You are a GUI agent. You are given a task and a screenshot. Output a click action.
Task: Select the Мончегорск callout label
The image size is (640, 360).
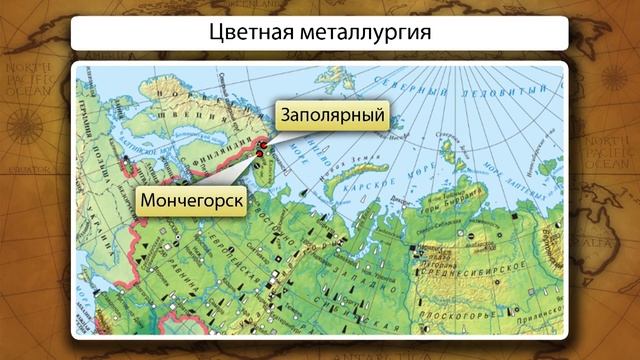(x=190, y=198)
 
